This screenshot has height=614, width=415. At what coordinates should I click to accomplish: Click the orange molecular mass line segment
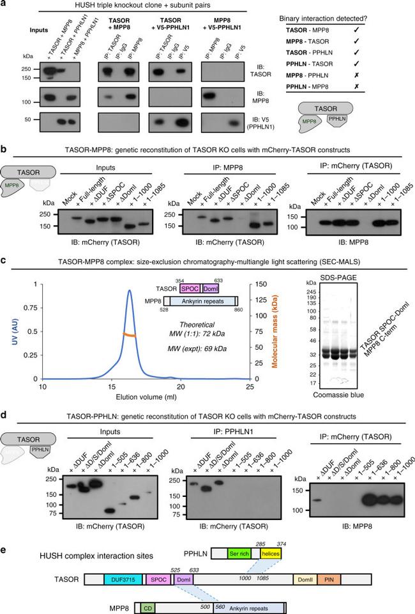[130, 333]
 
